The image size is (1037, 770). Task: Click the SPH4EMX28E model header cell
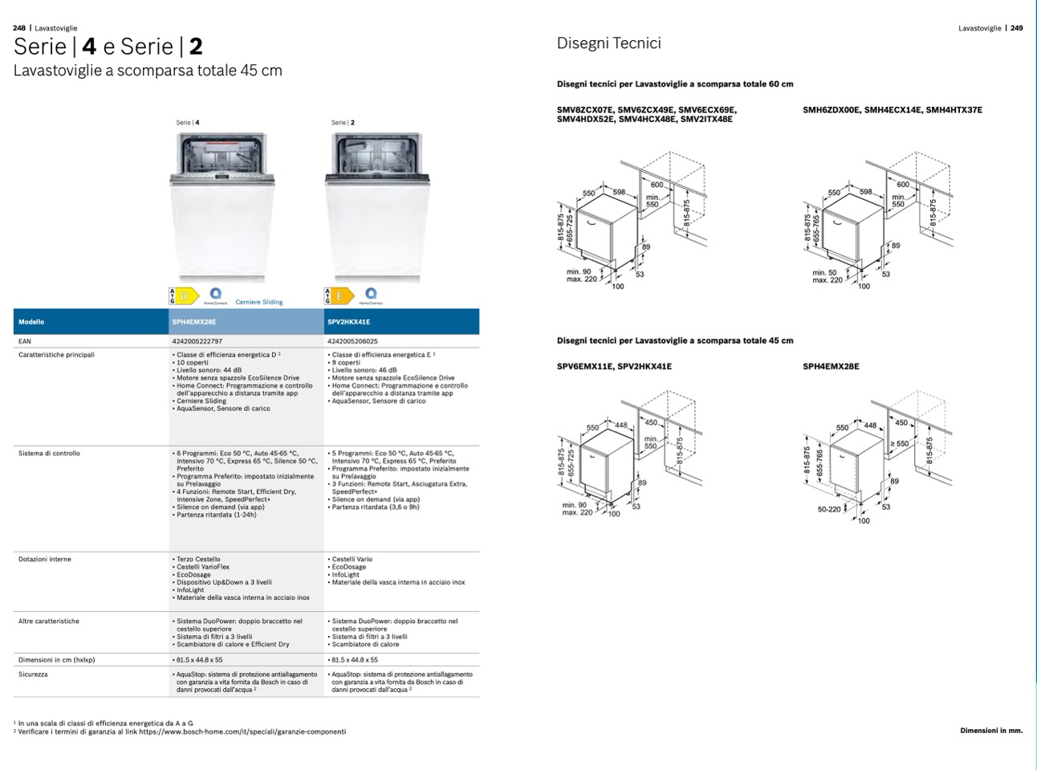tap(194, 322)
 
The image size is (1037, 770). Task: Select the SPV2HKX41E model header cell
tap(349, 322)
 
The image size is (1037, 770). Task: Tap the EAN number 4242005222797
tap(197, 341)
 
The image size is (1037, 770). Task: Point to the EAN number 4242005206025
tap(352, 341)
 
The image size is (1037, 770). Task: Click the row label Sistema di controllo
tap(49, 454)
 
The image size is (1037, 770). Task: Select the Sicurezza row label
tap(33, 674)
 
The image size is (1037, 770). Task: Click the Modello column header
tap(31, 322)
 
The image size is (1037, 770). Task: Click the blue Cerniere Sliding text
tap(258, 303)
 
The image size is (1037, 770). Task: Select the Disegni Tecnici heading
tap(608, 43)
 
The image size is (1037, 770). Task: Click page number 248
tap(20, 28)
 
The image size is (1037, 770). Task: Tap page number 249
tap(1016, 28)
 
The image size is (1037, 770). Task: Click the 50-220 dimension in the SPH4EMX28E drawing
tap(829, 509)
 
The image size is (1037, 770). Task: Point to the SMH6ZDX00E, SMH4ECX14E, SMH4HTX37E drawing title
tap(892, 110)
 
